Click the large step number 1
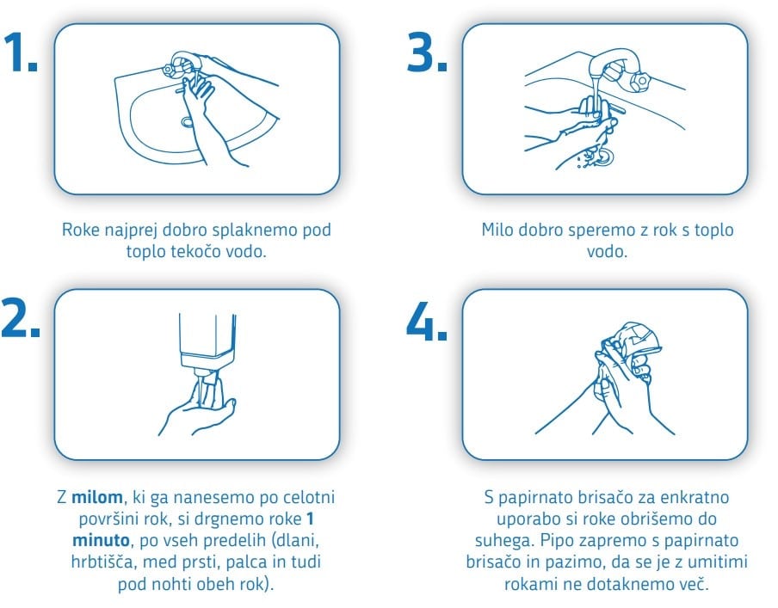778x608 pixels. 19,52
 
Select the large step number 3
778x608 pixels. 427,52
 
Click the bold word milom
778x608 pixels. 97,497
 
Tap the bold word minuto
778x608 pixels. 101,540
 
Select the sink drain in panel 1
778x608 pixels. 188,121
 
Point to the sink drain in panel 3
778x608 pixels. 604,157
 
